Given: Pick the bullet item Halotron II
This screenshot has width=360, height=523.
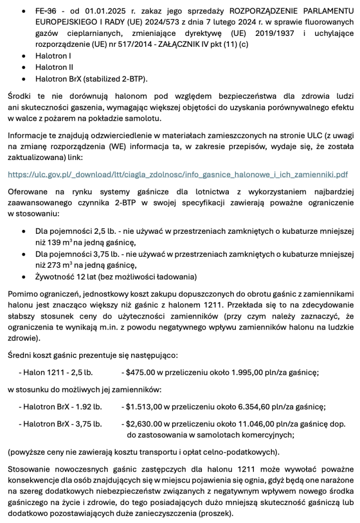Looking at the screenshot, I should point(54,67).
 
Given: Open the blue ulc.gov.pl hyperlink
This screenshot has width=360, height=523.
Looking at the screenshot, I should point(178,174).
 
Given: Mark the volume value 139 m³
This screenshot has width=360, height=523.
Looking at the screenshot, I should point(59,243).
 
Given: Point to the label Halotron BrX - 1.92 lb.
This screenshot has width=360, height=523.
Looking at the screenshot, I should point(60,406).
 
